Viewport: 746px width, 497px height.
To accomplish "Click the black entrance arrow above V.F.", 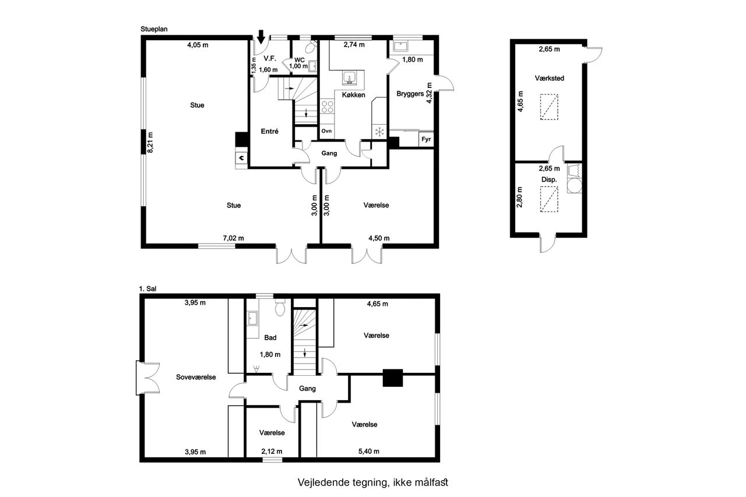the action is [261, 37].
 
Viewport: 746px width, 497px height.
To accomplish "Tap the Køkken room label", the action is [353, 95].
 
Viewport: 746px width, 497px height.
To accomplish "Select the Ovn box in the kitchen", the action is [327, 131].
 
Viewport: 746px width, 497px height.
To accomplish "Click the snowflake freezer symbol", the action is [379, 132].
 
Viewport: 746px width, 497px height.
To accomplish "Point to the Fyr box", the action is [426, 139].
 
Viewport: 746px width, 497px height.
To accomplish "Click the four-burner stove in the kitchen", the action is [327, 107].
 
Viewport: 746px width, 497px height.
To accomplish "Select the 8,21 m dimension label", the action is [150, 143].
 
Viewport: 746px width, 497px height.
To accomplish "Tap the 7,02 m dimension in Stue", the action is [233, 238].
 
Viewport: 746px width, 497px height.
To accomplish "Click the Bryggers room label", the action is [410, 94].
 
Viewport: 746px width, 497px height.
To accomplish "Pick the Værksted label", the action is [549, 78].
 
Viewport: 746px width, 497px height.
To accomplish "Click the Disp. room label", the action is [549, 180].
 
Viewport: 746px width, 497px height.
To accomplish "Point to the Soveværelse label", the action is [196, 377].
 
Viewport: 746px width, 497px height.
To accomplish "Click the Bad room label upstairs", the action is [270, 337].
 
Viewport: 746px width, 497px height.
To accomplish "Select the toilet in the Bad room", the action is [280, 308].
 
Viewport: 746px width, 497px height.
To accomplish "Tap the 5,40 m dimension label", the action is [369, 452].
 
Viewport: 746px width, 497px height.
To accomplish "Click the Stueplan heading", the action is [154, 29].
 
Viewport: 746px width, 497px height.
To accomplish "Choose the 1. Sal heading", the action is [147, 288].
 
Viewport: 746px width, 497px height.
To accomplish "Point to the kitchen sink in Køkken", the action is [349, 78].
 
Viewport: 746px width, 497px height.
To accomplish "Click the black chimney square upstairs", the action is [393, 378].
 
